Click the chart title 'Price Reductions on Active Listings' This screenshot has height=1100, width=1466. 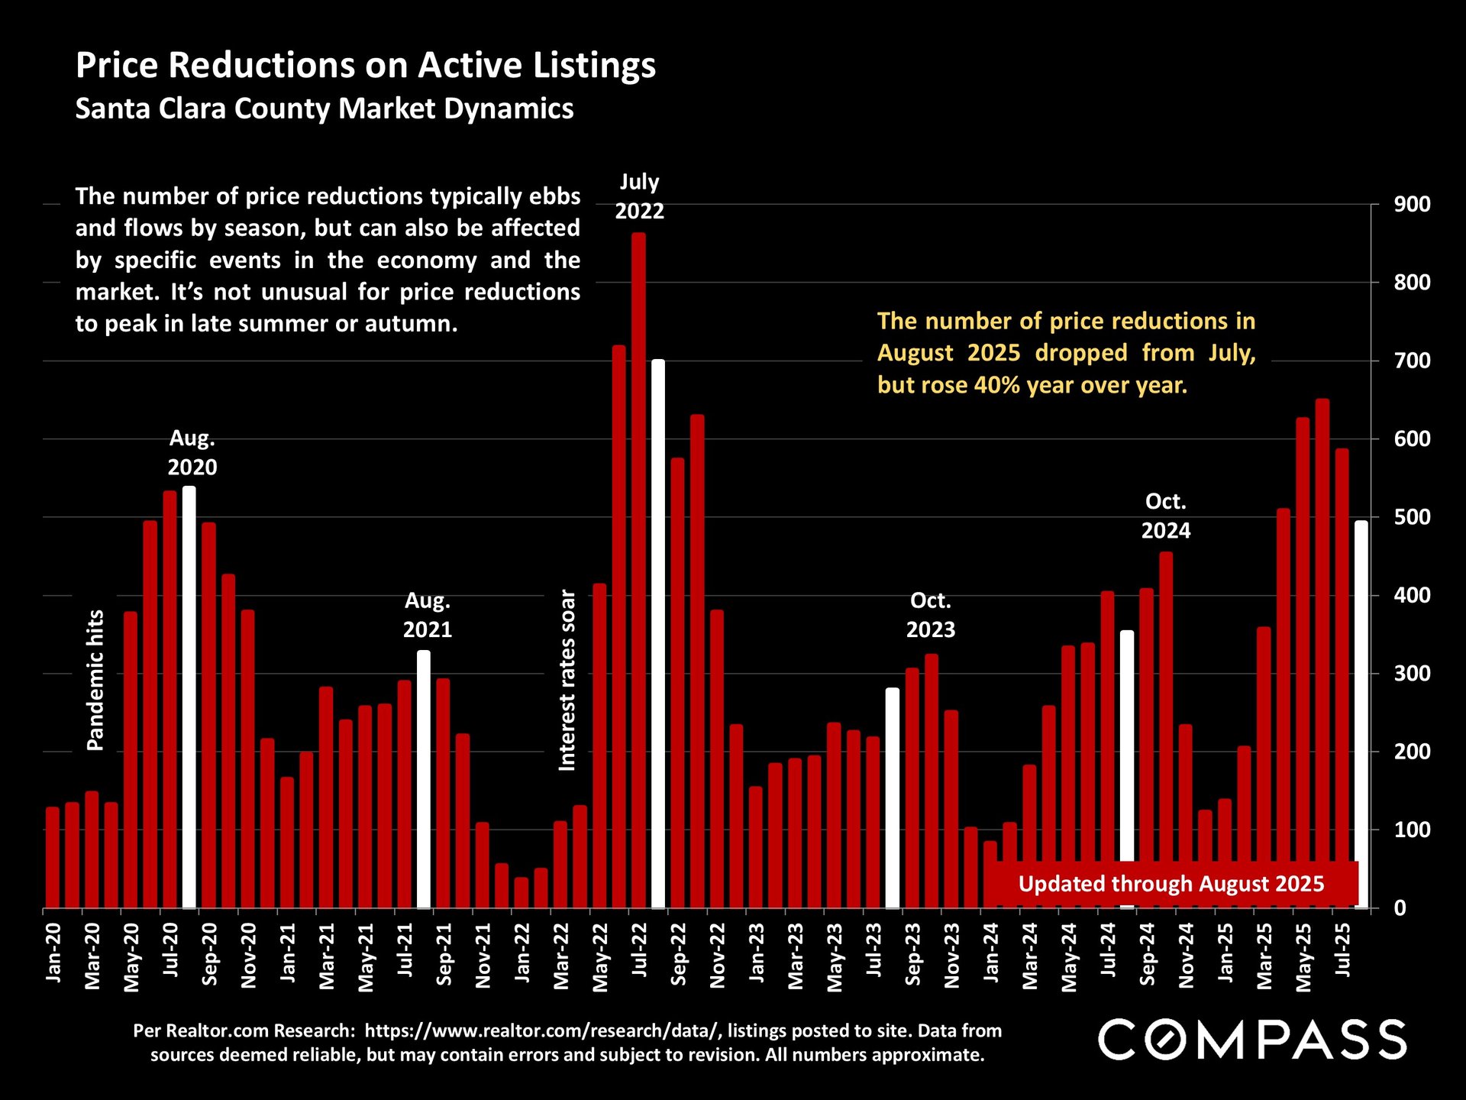366,65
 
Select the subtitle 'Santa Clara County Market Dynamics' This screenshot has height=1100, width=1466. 325,108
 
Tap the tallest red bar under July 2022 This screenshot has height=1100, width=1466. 638,573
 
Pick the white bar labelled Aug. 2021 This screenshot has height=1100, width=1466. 424,779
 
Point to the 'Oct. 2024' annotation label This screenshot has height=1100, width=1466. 1165,516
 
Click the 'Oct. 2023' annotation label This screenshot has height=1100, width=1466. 930,615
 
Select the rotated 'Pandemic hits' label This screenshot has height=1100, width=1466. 95,680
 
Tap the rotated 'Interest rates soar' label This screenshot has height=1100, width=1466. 567,680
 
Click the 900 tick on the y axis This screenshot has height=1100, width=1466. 1412,205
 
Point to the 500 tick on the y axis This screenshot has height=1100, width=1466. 1412,517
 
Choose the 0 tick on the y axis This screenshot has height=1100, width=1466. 1400,908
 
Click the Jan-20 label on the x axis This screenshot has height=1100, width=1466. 53,952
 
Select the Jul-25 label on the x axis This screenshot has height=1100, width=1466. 1342,950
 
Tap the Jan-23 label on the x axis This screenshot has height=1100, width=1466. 756,952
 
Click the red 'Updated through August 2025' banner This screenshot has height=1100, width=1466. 1171,884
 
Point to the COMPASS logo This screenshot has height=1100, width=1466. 1252,1040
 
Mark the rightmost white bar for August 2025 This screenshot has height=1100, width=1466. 1361,714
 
